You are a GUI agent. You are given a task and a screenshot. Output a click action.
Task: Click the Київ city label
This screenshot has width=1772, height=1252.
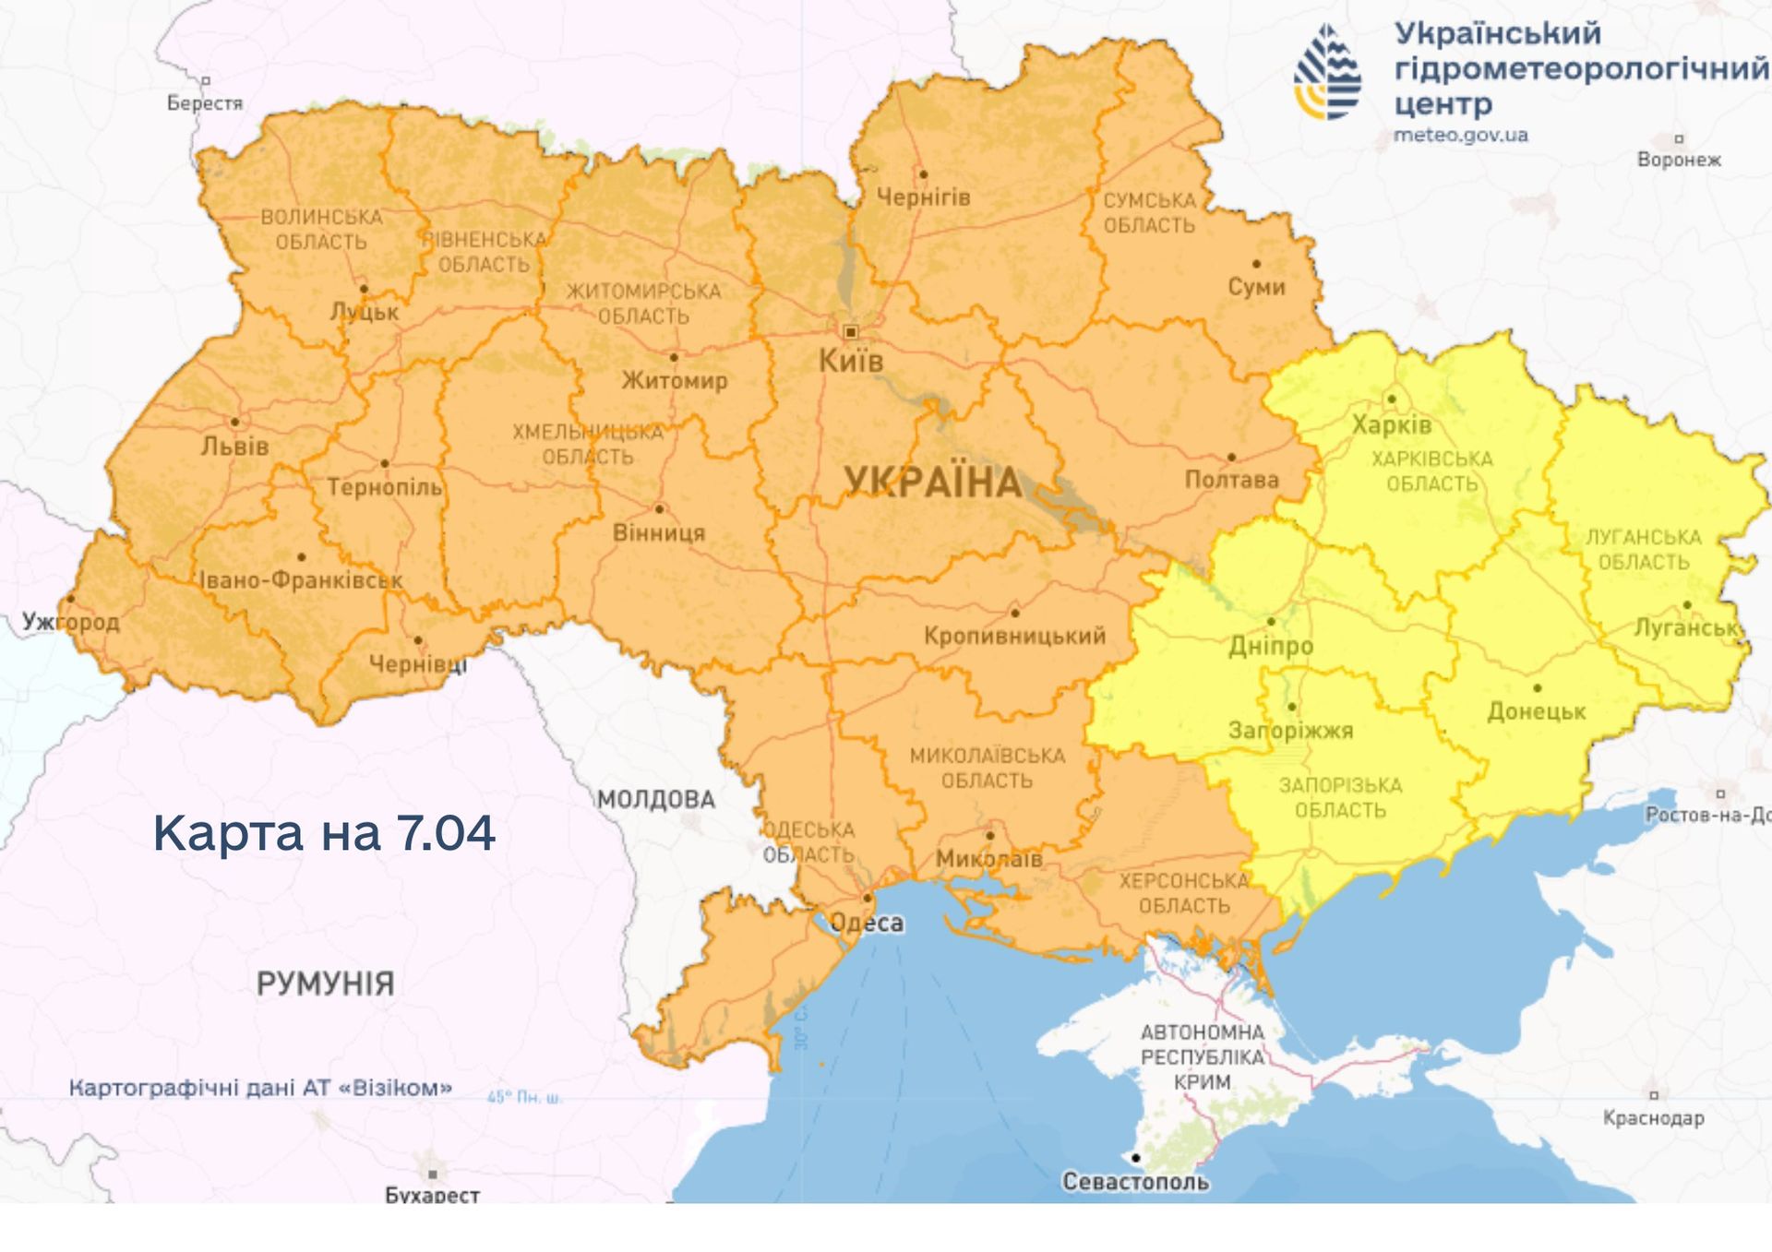850,361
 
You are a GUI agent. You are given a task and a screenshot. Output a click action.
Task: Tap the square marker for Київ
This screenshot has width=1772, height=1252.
851,332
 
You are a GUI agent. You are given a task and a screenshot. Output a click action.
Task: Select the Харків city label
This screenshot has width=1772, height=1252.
1391,425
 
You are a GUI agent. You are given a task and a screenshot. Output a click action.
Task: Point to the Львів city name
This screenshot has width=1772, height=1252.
234,447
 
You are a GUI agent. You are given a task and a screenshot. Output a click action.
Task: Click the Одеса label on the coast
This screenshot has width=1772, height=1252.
867,924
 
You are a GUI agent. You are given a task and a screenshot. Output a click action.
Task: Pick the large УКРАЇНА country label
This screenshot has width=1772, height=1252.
932,483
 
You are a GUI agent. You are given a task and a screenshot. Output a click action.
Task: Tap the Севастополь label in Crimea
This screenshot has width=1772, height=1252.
1135,1182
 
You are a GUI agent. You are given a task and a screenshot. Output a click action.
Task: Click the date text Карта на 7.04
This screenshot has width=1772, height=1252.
324,832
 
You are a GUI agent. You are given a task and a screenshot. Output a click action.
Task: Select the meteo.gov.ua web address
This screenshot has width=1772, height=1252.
1460,136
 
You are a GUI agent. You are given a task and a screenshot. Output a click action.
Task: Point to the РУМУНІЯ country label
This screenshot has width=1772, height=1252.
325,984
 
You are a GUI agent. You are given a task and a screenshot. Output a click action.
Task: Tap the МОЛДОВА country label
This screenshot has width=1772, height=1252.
655,799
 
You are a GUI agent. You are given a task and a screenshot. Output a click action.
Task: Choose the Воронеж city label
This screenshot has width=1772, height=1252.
1679,160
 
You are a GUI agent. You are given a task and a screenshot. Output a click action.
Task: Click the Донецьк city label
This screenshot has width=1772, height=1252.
1536,711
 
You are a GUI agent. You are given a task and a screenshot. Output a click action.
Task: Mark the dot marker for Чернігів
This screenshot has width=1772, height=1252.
923,173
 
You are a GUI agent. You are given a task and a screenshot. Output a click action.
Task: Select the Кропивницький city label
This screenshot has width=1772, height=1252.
1014,636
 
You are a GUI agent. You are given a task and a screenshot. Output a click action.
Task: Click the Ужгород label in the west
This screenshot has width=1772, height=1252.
71,622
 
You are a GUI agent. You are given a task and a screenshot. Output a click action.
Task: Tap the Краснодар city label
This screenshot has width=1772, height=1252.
1653,1118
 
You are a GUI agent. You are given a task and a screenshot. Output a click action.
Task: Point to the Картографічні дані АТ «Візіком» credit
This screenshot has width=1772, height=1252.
260,1088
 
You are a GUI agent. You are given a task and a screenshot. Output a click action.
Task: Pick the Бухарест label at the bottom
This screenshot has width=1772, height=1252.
432,1195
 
